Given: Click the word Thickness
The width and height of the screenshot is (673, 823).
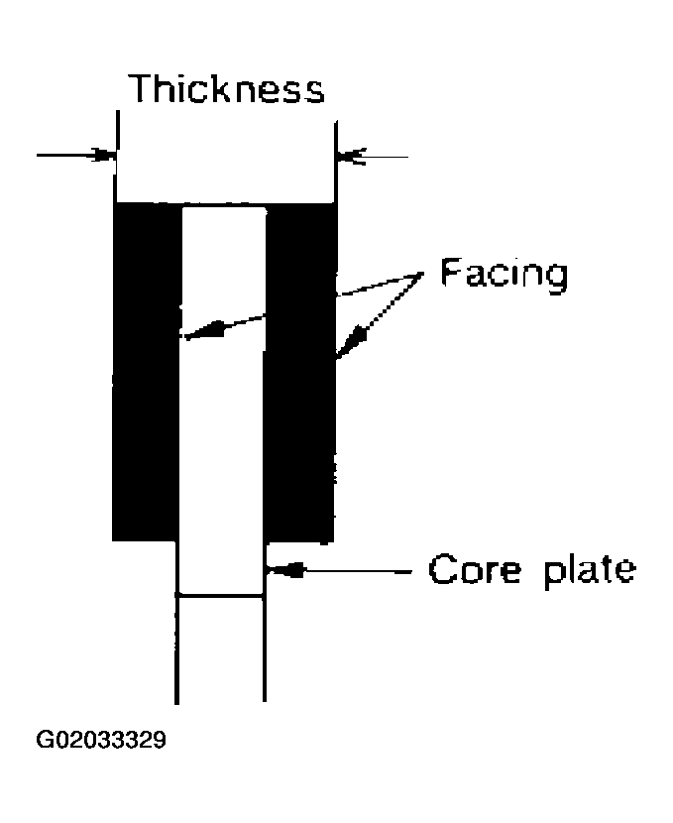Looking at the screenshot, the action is (x=227, y=88).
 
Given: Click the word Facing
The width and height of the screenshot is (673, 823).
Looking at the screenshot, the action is (x=505, y=274).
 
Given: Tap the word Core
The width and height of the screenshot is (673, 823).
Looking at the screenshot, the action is (x=475, y=569).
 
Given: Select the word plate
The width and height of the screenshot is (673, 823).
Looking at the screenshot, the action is (x=590, y=571).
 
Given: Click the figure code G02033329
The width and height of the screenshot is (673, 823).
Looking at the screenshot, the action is (x=101, y=740).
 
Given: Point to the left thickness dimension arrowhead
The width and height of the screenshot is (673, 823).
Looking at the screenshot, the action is (x=104, y=155).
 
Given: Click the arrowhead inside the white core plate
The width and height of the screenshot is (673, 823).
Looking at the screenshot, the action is (x=203, y=331).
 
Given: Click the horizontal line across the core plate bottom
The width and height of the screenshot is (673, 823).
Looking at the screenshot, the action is (x=220, y=595).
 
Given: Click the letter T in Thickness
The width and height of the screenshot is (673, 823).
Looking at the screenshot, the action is (x=144, y=88).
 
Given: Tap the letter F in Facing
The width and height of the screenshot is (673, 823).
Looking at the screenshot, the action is (x=451, y=272).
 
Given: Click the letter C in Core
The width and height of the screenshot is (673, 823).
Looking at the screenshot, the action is (x=442, y=569).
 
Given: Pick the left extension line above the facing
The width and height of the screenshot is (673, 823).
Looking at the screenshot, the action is (x=116, y=157).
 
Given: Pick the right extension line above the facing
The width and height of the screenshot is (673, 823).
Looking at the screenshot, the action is (x=336, y=162).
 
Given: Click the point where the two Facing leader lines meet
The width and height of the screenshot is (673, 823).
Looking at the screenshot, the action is (x=422, y=273).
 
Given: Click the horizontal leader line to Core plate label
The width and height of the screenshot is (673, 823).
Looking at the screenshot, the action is (x=358, y=570).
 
